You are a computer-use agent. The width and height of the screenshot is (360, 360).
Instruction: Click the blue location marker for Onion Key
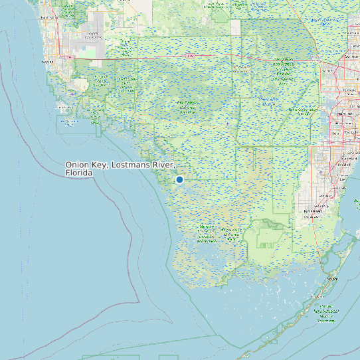coord(179,179)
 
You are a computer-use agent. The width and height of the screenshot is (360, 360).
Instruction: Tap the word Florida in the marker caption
coord(79,173)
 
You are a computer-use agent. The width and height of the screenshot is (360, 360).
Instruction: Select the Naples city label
coord(47,62)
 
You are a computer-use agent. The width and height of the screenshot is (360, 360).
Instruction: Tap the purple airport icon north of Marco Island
coord(71,94)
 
